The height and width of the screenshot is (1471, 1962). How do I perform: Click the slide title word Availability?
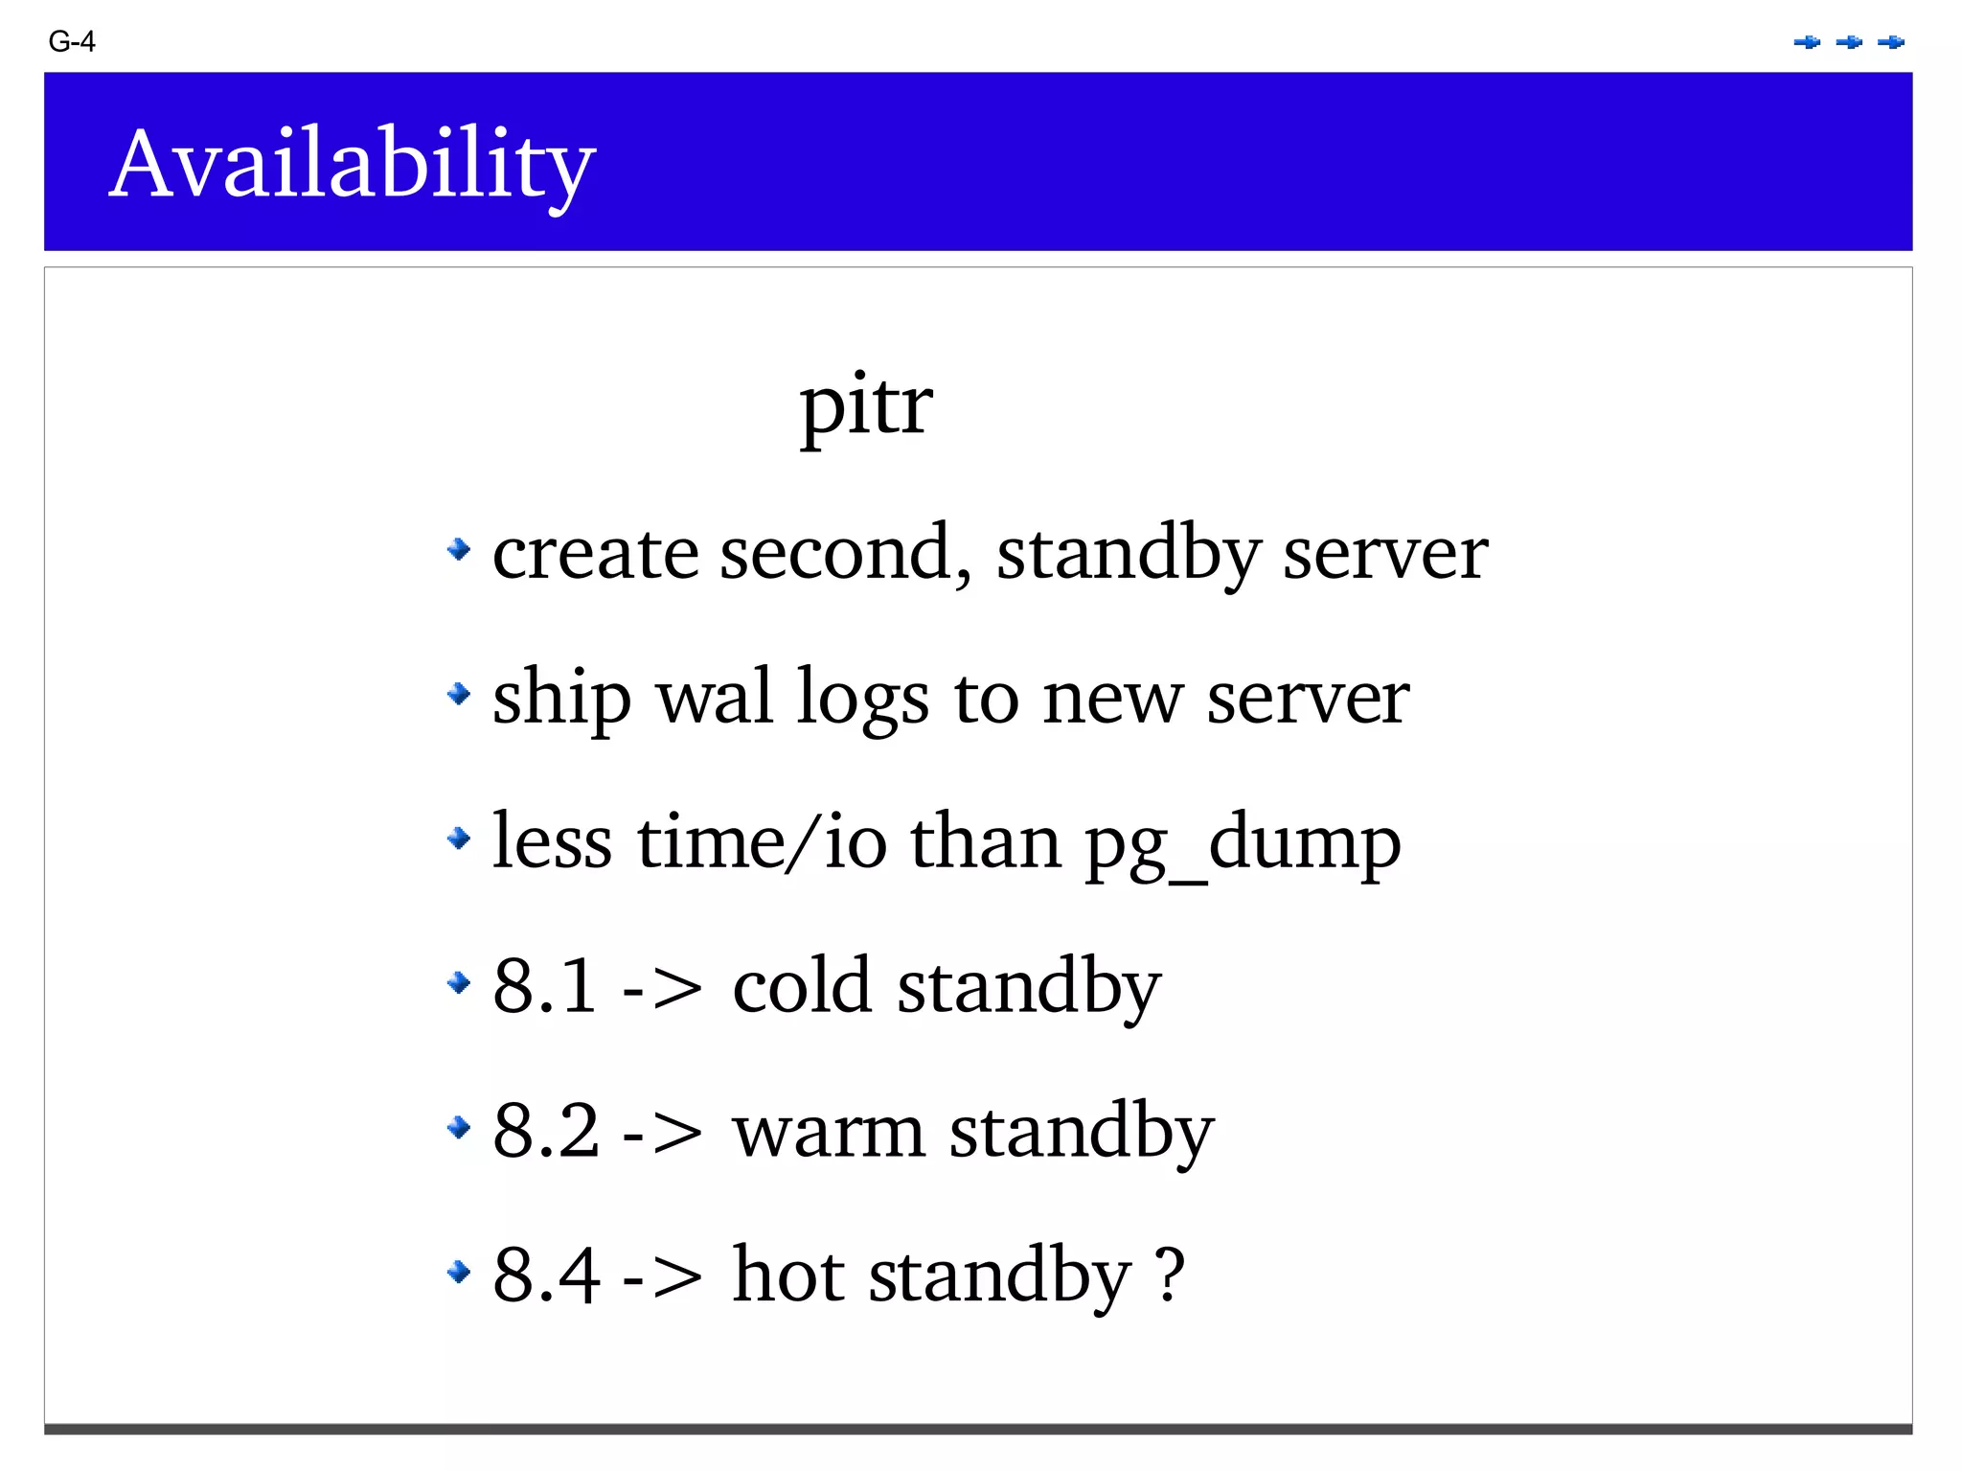pos(352,165)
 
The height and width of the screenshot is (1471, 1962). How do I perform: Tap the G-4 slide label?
pos(72,42)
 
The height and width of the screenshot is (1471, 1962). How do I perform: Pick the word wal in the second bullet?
pos(715,697)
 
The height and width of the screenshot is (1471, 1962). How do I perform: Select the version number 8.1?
pos(545,985)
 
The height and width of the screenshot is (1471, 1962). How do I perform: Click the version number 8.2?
pos(545,1131)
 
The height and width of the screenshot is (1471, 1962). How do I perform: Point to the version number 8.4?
pos(545,1275)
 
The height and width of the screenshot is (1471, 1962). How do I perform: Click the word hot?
pos(788,1275)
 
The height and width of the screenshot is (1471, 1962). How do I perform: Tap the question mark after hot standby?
pos(1170,1275)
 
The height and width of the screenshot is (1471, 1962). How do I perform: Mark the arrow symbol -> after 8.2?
pos(662,1133)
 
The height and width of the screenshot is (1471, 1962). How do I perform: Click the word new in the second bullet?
pos(1112,699)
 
